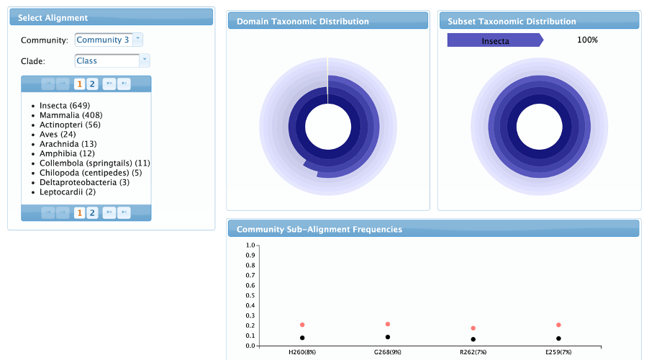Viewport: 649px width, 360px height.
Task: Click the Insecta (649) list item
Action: [x=64, y=106]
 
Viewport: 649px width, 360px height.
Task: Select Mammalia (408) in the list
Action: [x=71, y=115]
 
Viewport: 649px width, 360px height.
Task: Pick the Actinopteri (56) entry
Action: [x=70, y=125]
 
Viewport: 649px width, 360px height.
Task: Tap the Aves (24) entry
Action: [x=58, y=134]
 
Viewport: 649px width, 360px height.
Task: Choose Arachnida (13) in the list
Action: [x=68, y=144]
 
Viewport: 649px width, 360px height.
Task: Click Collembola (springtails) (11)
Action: [x=94, y=163]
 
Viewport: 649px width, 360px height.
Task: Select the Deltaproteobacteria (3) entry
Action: [x=84, y=182]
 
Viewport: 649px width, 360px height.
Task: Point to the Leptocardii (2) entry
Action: [x=68, y=192]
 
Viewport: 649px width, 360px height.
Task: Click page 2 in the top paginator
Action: [x=92, y=84]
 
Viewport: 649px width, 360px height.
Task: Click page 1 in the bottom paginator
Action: [x=80, y=212]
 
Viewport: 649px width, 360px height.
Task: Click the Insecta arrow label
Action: [x=495, y=40]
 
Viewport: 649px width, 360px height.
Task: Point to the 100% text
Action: [x=587, y=40]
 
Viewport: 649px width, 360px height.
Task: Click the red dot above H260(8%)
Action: [x=302, y=325]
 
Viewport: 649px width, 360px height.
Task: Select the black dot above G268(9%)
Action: [x=388, y=337]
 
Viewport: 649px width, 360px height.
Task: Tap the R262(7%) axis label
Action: [x=473, y=352]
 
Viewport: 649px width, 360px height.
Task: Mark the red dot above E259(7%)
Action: [x=558, y=325]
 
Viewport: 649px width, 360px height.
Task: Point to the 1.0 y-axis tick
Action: [x=250, y=245]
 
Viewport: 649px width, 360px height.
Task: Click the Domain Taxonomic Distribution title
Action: [x=303, y=22]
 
